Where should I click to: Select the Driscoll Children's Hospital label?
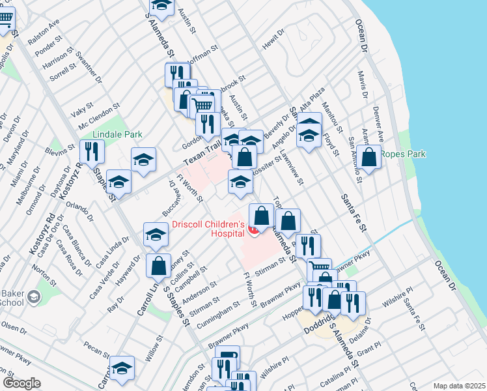pos(208,229)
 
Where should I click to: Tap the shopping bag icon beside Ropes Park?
pos(369,157)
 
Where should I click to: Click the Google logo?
pos(21,383)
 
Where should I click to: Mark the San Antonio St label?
pos(355,160)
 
